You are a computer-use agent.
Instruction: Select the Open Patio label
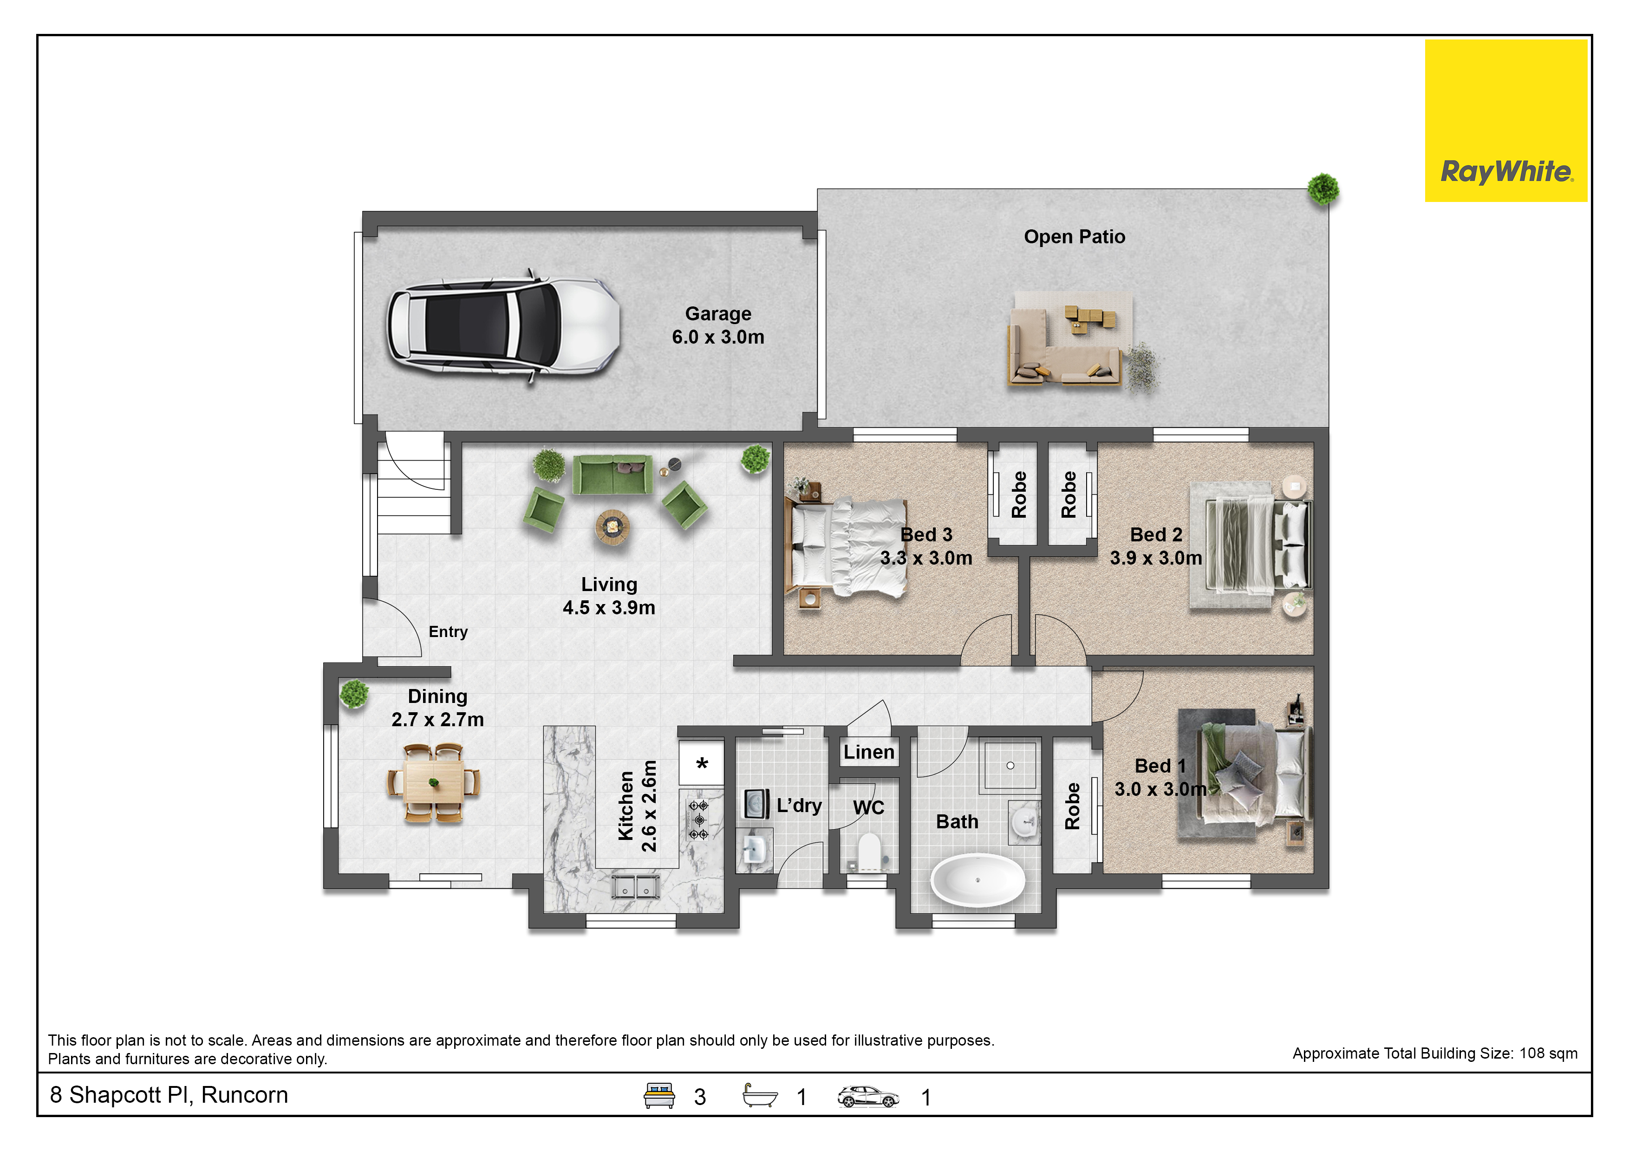point(1074,237)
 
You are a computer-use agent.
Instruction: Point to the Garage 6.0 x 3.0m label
point(718,325)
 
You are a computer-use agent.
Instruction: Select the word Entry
point(448,632)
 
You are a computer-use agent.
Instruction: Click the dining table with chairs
point(434,782)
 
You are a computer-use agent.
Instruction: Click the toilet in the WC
point(868,852)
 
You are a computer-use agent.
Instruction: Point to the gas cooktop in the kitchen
point(699,820)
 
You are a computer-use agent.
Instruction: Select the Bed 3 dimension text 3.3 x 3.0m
point(926,558)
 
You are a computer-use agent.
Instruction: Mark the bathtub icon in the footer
point(760,1096)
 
